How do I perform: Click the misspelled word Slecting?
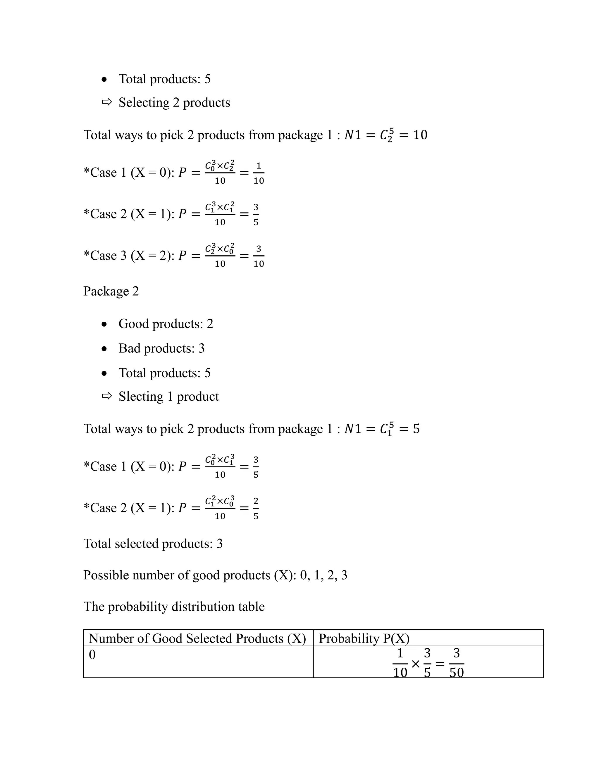(141, 396)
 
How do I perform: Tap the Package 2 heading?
(111, 291)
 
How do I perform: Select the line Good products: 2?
(166, 324)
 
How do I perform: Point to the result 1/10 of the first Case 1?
(259, 173)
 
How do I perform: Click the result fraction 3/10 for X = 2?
(259, 256)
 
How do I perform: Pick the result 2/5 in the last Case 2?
(256, 509)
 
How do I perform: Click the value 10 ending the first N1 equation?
(420, 135)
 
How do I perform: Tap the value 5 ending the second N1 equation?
(416, 429)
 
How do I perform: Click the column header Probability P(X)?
(364, 638)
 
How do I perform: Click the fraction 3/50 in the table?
(456, 663)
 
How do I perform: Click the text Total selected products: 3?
(153, 544)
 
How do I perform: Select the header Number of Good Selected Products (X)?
(197, 638)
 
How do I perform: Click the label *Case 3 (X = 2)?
(128, 256)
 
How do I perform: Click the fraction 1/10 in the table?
(400, 663)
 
